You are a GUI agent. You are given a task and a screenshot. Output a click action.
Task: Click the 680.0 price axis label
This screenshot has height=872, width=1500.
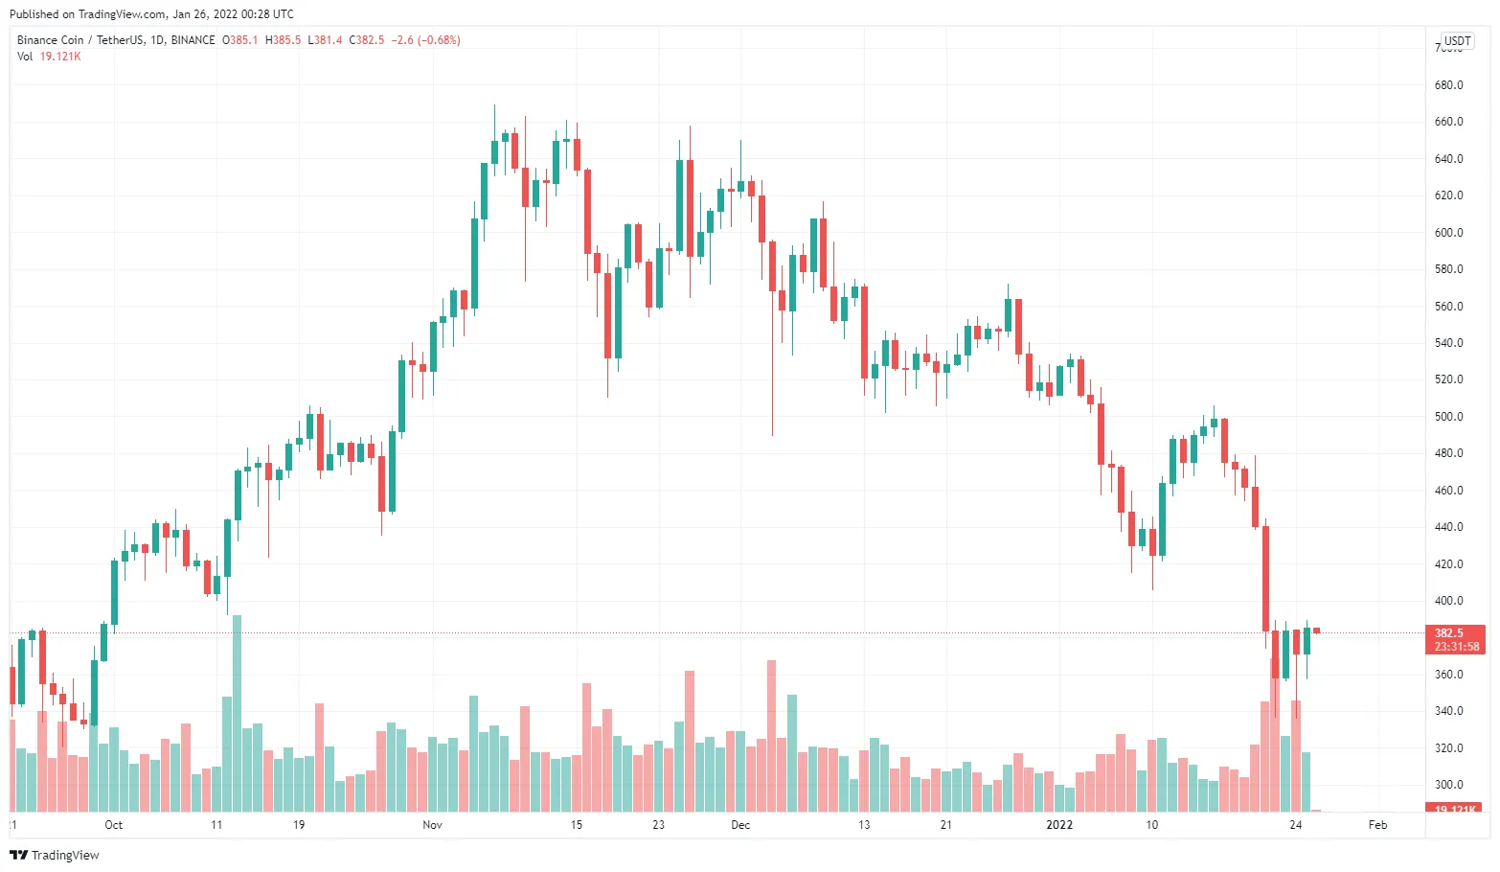point(1448,85)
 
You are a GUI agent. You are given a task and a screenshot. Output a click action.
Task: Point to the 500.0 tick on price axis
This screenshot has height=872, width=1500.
point(1448,417)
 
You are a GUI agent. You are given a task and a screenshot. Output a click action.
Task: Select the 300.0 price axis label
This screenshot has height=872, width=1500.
point(1448,785)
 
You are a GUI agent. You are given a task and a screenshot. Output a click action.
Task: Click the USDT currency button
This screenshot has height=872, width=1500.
point(1457,41)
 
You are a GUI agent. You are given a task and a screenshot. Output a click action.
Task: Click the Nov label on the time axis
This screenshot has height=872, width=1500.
point(432,825)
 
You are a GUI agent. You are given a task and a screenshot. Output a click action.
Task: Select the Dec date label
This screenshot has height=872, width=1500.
point(740,825)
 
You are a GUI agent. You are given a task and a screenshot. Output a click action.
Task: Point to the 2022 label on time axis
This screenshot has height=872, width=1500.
point(1059,825)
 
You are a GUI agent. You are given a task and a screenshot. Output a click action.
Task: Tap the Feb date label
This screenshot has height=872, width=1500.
point(1377,825)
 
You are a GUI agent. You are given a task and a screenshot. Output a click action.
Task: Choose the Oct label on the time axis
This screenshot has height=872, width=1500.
point(113,825)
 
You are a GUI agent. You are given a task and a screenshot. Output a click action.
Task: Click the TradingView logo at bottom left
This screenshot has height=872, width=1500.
point(55,855)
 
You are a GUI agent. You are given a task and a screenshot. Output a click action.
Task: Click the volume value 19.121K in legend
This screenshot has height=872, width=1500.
point(59,57)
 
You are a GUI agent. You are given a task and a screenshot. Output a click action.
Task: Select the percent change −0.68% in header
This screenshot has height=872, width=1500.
point(440,40)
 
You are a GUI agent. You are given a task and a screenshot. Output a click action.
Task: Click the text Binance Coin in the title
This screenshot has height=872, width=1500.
point(50,40)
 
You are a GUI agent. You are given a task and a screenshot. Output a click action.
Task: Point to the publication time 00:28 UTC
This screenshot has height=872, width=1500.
point(258,14)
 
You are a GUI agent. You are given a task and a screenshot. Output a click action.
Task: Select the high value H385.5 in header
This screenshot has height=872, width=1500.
point(283,40)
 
